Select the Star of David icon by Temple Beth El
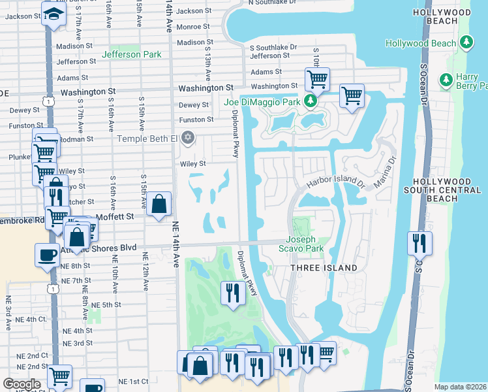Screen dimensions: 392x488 click(x=188, y=137)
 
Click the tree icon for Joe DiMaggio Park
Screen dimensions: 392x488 click(x=311, y=101)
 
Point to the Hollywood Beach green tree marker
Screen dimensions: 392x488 click(x=466, y=42)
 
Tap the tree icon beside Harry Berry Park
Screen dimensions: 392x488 click(x=446, y=80)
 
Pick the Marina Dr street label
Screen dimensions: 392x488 click(x=384, y=171)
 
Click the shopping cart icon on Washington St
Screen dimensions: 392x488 click(x=317, y=79)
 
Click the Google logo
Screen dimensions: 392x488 click(x=22, y=384)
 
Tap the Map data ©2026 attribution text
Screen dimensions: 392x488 click(x=460, y=387)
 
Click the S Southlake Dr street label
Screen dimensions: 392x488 click(x=273, y=47)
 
